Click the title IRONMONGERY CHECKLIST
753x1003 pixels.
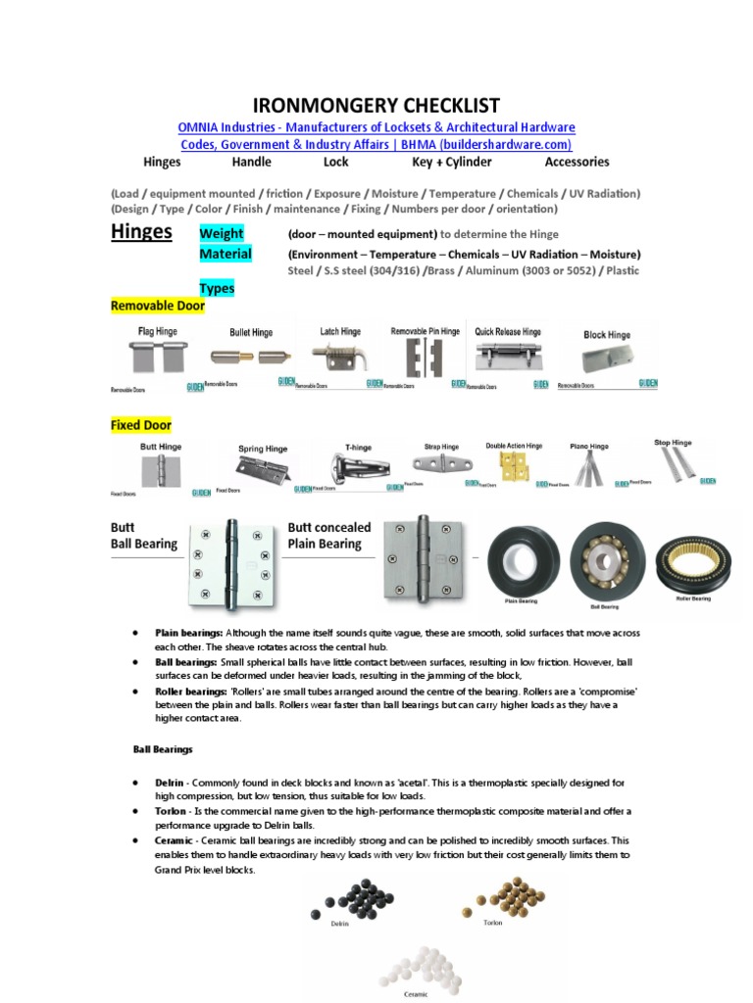[376, 106]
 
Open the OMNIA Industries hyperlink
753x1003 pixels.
[376, 127]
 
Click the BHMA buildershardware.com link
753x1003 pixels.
[376, 144]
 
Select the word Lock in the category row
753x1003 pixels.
[336, 162]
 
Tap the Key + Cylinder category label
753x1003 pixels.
[452, 162]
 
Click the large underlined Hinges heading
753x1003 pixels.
[141, 231]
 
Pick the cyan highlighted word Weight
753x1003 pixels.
[222, 233]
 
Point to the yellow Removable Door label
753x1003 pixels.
[157, 306]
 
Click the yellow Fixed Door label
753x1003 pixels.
[141, 425]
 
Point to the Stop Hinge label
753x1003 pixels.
[673, 443]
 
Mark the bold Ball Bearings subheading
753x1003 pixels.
[163, 749]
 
